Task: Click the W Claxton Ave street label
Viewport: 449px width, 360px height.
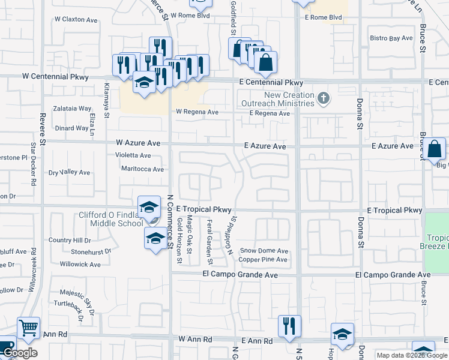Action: (75, 20)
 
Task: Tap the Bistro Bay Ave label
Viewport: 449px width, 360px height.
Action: (391, 38)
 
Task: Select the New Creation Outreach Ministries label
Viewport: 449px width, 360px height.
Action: (290, 99)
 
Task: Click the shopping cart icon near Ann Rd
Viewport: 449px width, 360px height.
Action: (28, 328)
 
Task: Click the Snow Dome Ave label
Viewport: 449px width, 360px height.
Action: (264, 251)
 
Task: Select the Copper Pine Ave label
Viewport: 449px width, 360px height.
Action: (264, 260)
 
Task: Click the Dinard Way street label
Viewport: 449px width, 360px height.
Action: (71, 128)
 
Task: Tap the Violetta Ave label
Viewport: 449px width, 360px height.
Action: (133, 155)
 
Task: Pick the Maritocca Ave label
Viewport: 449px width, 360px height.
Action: (142, 169)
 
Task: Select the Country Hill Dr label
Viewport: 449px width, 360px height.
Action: (69, 240)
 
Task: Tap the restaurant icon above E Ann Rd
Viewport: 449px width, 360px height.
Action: (289, 326)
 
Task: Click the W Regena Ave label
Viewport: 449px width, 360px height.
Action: (197, 112)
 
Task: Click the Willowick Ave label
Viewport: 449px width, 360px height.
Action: (80, 264)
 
